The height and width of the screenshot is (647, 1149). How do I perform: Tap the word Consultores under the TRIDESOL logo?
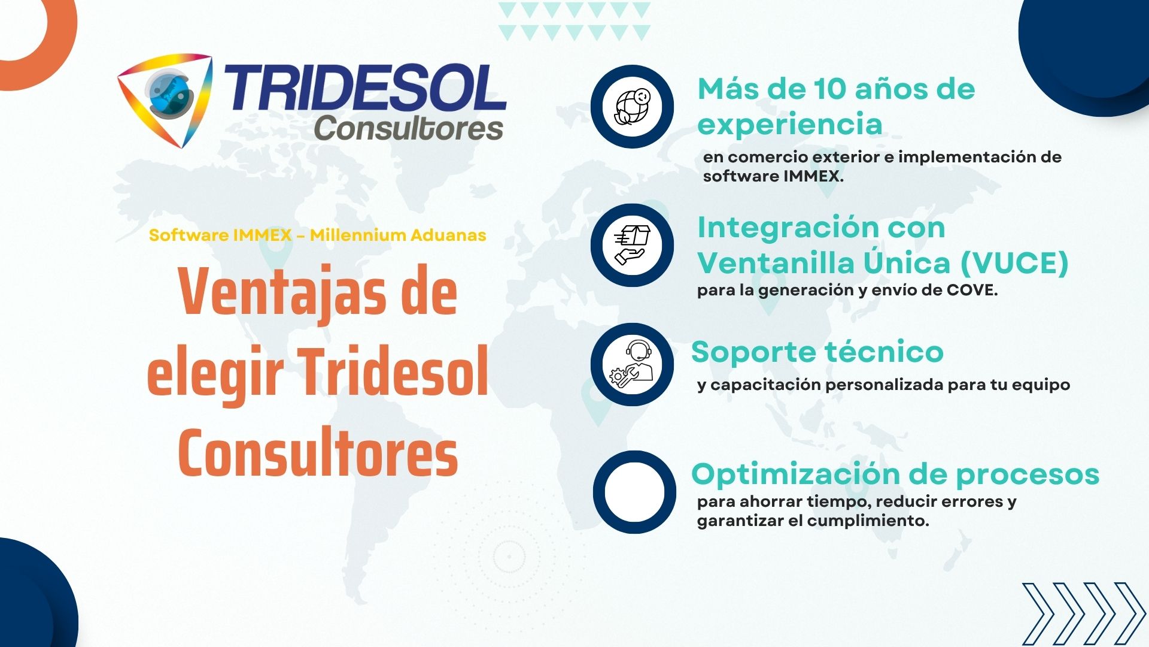click(x=409, y=128)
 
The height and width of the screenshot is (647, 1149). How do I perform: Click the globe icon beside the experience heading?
click(x=633, y=107)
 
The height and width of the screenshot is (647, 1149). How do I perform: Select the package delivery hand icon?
click(x=633, y=245)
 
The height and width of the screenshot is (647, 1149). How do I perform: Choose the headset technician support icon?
click(x=633, y=364)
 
